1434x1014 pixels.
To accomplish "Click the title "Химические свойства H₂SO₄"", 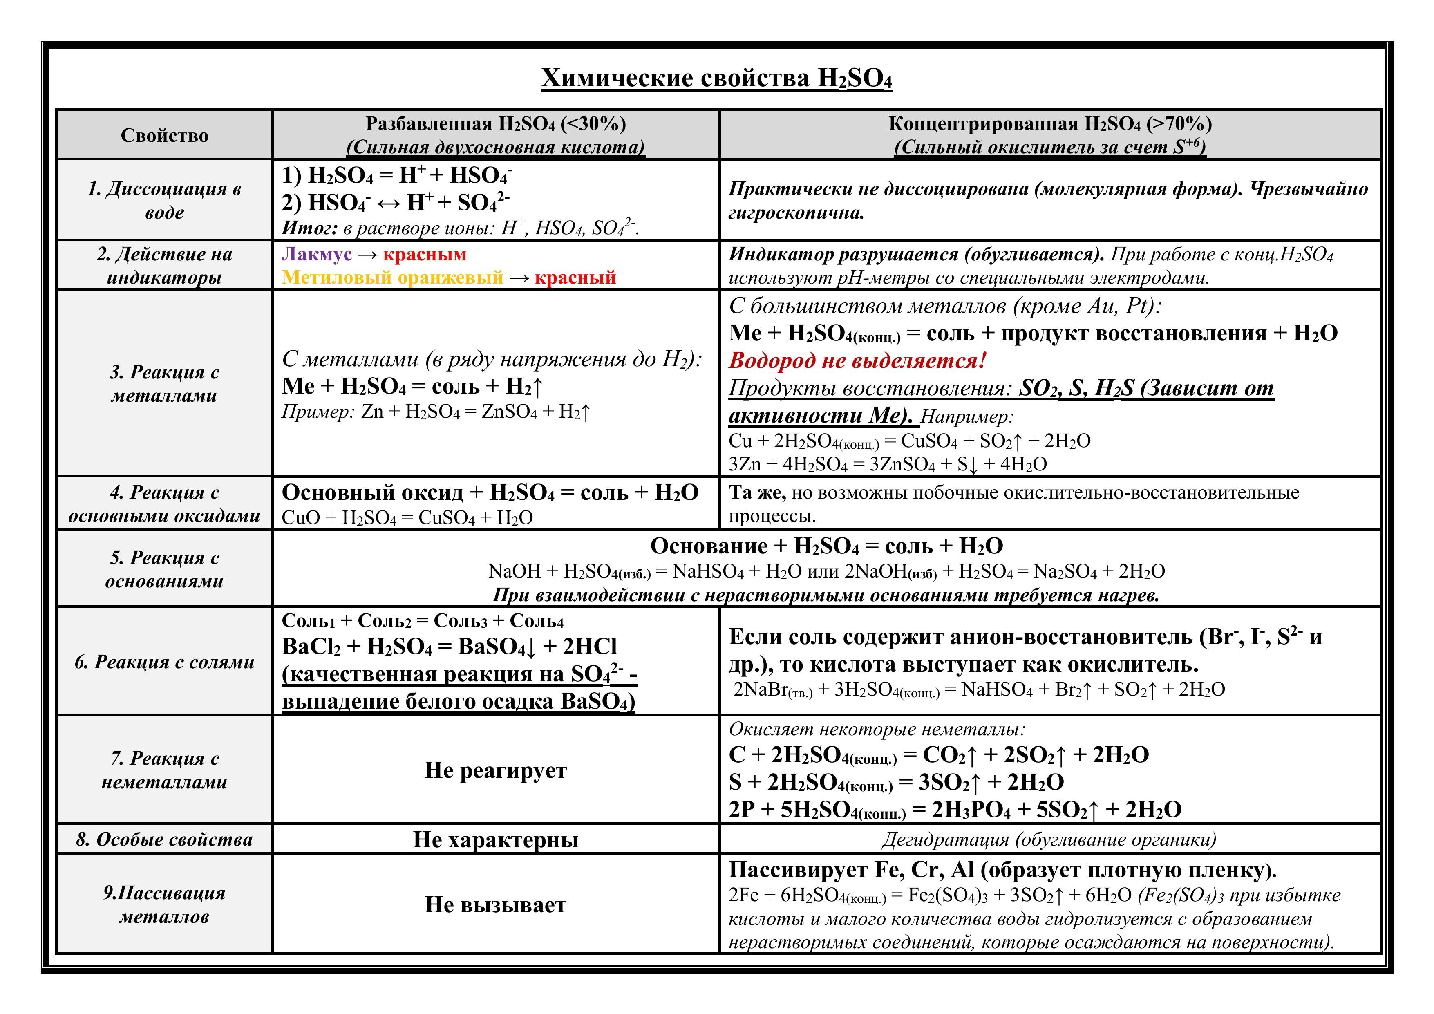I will [x=716, y=79].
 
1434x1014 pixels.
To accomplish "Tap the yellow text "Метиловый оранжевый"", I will [x=392, y=278].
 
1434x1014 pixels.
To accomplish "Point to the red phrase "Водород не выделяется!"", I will [x=857, y=360].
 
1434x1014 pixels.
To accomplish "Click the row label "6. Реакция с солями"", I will [x=164, y=662].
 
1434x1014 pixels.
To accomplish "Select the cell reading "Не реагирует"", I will [x=495, y=770].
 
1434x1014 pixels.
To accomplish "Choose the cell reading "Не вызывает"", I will [x=495, y=904].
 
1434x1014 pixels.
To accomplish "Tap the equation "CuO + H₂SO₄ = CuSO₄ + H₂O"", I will [x=407, y=518].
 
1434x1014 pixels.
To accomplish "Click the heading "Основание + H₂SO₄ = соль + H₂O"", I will [x=826, y=546].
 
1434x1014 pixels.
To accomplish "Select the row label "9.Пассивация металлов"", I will [x=164, y=904].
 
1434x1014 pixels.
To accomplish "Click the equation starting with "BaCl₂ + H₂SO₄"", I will [x=449, y=647].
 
